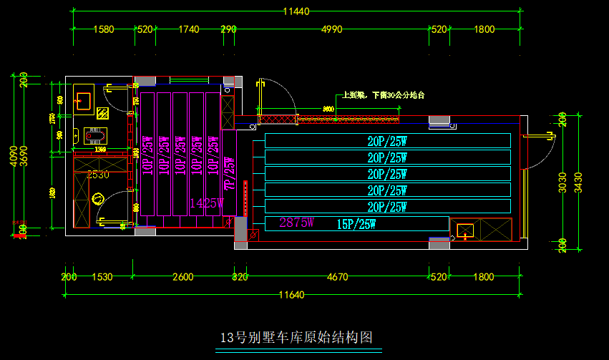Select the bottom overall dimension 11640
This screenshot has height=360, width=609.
click(x=293, y=294)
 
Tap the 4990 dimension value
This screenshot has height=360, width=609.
click(x=331, y=29)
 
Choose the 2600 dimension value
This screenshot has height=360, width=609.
click(x=183, y=276)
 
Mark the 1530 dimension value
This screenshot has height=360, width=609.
click(x=102, y=276)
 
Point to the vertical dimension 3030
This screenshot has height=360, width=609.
click(x=562, y=183)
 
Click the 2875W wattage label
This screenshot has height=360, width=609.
click(x=297, y=223)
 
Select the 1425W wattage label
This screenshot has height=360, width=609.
click(x=206, y=203)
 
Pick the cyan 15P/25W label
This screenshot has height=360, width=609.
click(x=356, y=224)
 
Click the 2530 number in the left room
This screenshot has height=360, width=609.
click(x=98, y=174)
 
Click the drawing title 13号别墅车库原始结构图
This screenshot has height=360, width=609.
click(x=298, y=338)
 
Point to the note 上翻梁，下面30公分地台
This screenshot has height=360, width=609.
click(x=384, y=94)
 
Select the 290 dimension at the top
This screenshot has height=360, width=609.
click(x=228, y=29)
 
